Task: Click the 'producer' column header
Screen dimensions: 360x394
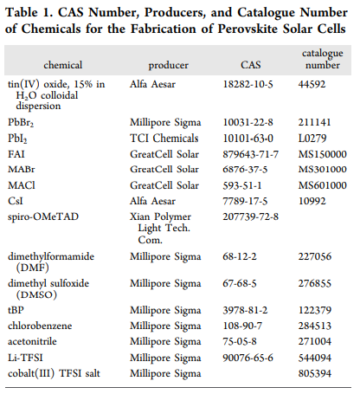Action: tap(168, 66)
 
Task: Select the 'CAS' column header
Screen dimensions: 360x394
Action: tap(251, 65)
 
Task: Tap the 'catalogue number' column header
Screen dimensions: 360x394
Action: tap(323, 59)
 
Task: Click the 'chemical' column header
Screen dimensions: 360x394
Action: tap(63, 65)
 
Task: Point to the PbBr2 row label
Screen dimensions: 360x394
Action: tap(21, 123)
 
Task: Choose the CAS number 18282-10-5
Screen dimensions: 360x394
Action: tap(247, 84)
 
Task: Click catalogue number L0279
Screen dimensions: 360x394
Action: tap(312, 139)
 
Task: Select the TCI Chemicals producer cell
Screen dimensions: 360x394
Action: tap(164, 139)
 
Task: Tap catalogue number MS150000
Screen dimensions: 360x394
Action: tap(323, 154)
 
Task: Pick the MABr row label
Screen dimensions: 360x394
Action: tap(22, 169)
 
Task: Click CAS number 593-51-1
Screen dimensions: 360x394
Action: tap(242, 185)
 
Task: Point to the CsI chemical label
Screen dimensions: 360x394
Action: tap(16, 201)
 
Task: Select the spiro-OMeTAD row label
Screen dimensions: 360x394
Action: tap(43, 216)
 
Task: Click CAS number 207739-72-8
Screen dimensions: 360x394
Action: tap(251, 216)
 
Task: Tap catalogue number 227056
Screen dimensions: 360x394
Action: tap(315, 256)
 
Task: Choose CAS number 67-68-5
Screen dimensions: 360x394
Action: tap(240, 283)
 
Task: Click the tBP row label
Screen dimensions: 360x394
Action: tap(16, 310)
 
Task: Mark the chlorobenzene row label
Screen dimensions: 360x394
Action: tap(40, 326)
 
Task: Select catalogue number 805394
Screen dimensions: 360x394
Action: tap(315, 373)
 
